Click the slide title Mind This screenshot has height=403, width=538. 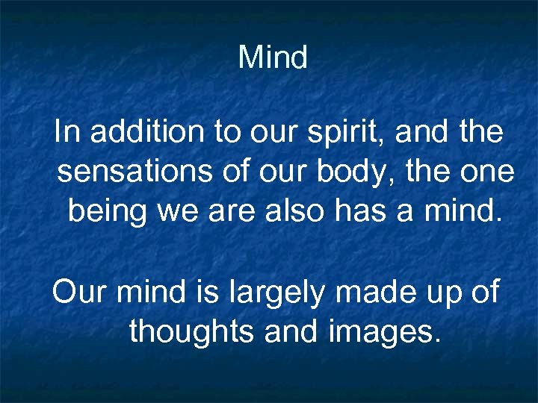point(273,57)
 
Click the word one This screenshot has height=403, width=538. point(489,173)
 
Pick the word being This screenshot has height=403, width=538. point(107,212)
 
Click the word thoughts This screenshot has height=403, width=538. point(193,331)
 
